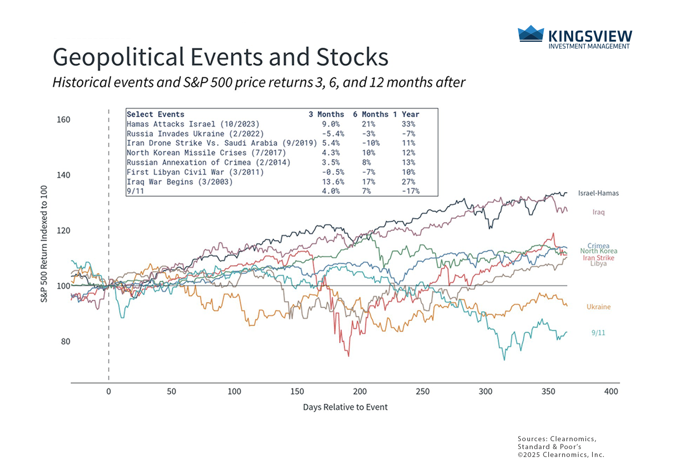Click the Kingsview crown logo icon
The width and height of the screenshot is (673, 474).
tap(531, 34)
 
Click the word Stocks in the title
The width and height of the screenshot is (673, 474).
tap(352, 57)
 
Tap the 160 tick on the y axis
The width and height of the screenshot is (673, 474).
tap(63, 120)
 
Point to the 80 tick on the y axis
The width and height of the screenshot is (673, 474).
tap(66, 342)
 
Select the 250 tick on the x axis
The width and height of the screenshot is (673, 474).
tap(423, 391)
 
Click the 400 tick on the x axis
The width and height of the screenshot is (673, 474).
tap(611, 391)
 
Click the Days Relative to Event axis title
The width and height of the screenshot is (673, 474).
tap(345, 407)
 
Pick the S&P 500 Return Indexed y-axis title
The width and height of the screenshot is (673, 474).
tap(44, 244)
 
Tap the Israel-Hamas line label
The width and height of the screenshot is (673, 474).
tap(598, 193)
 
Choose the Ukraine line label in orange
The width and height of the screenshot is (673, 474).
tap(598, 307)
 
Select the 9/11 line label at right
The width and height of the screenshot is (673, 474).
tap(598, 333)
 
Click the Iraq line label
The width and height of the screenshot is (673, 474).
tap(598, 212)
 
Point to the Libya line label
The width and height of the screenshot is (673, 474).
tap(598, 264)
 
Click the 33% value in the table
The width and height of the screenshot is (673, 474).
tap(408, 124)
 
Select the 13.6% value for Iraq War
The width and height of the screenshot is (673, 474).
tap(333, 182)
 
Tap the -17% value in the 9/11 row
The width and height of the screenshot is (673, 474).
tap(410, 191)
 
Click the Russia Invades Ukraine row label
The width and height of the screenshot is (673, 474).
tap(195, 134)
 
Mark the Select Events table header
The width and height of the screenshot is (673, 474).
tap(156, 115)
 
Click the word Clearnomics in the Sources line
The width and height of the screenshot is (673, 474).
tap(573, 439)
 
